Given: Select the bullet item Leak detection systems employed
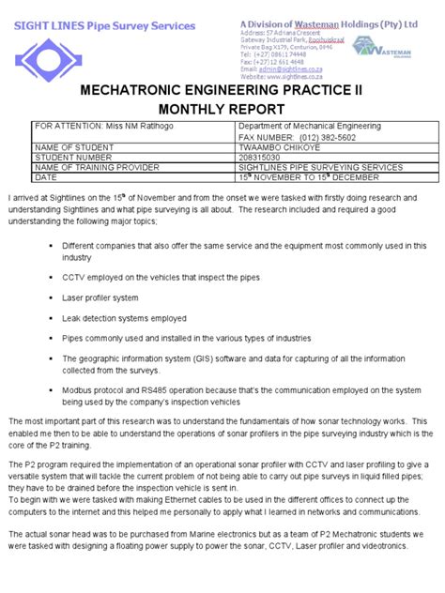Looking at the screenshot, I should click(124, 318).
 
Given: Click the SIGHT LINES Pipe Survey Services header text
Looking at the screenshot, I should click(104, 25).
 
